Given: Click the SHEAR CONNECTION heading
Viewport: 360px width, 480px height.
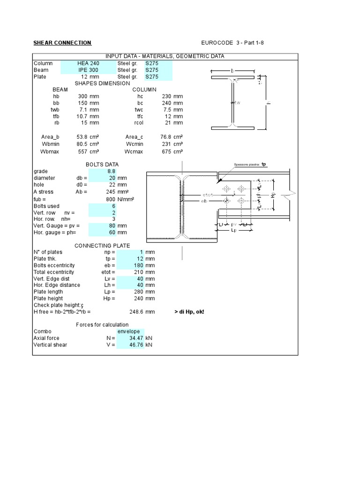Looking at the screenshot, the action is tap(62, 43).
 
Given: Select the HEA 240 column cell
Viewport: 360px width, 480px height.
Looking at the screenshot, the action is tap(88, 63).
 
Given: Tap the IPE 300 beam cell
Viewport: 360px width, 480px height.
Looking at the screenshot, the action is tap(88, 70).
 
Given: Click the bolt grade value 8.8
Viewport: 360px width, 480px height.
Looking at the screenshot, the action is tap(111, 172).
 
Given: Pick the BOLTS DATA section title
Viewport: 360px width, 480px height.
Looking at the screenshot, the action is tap(102, 165).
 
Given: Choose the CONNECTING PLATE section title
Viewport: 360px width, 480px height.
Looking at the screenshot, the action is tap(102, 246).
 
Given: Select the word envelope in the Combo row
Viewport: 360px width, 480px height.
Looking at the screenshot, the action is tap(128, 331).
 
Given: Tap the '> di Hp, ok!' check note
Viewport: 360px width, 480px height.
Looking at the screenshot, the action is tap(189, 311).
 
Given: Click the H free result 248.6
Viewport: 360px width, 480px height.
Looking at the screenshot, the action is tap(135, 311).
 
